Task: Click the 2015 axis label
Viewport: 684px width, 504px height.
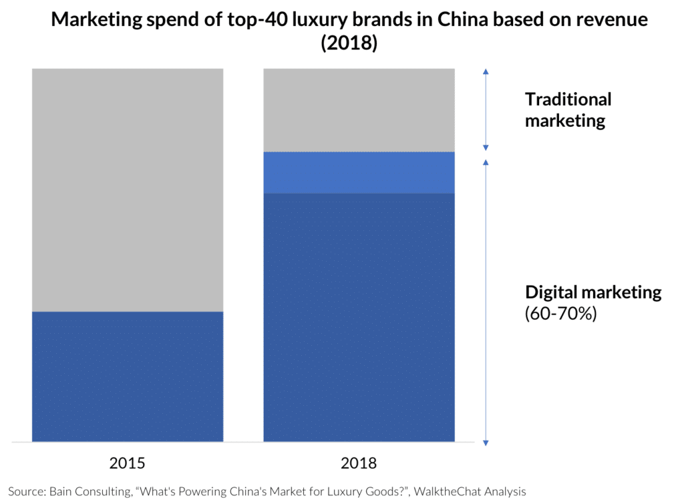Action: [x=127, y=463]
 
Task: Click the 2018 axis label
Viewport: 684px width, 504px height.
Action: [x=359, y=463]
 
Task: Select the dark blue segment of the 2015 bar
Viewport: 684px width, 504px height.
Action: [x=127, y=376]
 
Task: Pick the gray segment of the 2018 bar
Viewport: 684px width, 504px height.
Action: [x=359, y=109]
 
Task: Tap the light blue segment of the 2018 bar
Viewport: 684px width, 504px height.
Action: [x=359, y=172]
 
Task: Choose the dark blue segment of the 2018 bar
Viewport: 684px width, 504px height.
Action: [x=359, y=317]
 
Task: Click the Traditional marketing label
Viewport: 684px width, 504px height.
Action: [x=568, y=110]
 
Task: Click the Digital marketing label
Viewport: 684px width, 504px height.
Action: [x=593, y=292]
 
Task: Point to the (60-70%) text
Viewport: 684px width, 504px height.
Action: [x=560, y=312]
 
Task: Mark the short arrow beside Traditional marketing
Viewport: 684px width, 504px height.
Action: [x=486, y=109]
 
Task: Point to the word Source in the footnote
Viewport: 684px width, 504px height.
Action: [x=26, y=492]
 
